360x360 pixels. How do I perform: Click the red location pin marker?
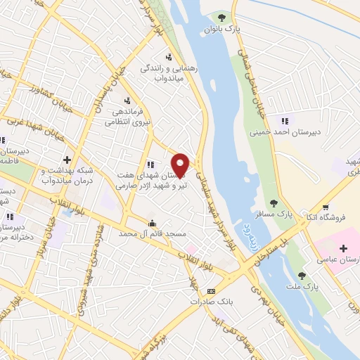(181, 165)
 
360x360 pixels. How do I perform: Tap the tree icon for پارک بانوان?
(222, 16)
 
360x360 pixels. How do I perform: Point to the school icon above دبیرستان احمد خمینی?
(284, 119)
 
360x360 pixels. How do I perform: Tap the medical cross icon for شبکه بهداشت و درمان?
(67, 160)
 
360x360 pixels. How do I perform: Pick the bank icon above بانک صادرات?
(210, 291)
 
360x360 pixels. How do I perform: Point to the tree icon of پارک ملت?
(302, 276)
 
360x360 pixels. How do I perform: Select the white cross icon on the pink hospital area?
(343, 248)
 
